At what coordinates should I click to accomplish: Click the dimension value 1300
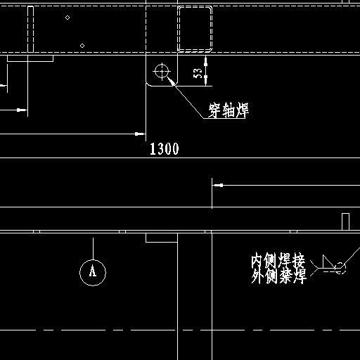(165, 149)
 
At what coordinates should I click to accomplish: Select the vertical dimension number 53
(198, 73)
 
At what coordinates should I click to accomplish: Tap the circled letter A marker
(93, 273)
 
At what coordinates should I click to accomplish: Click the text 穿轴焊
(229, 110)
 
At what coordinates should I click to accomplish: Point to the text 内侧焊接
(278, 260)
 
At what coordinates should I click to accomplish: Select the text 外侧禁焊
(279, 276)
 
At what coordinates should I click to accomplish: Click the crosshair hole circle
(162, 71)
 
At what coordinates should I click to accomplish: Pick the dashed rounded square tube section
(195, 29)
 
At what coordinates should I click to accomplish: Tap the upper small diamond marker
(67, 18)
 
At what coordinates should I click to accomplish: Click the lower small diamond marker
(82, 46)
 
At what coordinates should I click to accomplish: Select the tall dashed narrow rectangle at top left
(30, 30)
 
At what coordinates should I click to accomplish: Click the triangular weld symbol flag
(328, 262)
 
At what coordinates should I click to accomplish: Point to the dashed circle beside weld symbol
(340, 268)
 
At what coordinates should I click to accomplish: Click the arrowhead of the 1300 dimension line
(140, 134)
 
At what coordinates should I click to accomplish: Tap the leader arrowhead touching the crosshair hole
(171, 81)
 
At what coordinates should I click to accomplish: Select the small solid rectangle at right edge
(345, 221)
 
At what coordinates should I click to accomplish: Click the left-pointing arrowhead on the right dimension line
(218, 185)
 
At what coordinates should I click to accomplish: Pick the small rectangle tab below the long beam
(162, 238)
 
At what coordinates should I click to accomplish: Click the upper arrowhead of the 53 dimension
(205, 61)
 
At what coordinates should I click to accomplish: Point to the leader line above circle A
(93, 249)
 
